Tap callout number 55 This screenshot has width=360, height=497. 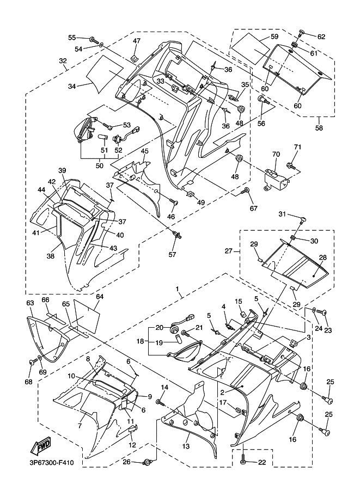point(72,38)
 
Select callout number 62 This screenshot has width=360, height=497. point(321,37)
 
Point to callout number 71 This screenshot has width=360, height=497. point(297,148)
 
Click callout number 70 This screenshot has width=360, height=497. point(276,155)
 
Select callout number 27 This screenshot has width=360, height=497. point(229,251)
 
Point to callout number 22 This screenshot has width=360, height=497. point(263,462)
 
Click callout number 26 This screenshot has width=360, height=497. point(126,463)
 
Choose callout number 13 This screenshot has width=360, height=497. point(187,446)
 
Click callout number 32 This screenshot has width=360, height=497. point(63,60)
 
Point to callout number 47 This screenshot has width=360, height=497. point(136,41)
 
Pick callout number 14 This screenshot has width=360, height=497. point(164,387)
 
